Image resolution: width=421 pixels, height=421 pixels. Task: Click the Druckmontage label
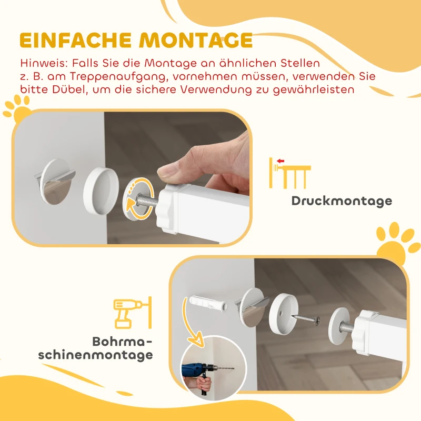click(x=342, y=201)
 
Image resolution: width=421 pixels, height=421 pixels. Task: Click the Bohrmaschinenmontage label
click(x=96, y=348)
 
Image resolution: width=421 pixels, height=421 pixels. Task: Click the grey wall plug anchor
click(x=206, y=304)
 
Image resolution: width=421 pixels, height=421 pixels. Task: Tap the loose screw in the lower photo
click(x=307, y=319)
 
